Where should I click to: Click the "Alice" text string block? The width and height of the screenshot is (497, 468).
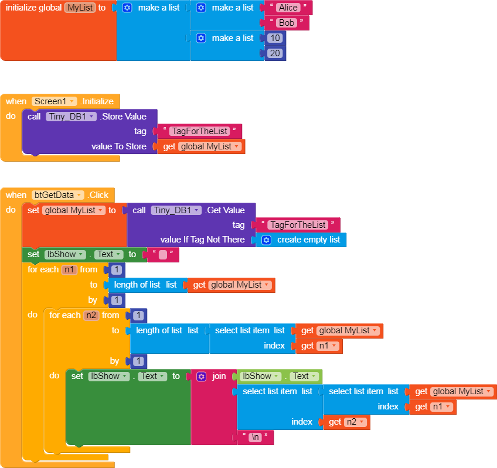coord(287,8)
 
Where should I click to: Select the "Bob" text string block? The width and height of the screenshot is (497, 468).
coord(287,23)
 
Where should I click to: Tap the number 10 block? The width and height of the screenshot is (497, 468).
coord(274,39)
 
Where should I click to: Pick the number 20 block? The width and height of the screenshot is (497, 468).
coord(274,53)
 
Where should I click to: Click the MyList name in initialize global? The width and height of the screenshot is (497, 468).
coord(80,8)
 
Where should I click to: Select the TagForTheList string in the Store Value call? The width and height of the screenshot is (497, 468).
coord(199,131)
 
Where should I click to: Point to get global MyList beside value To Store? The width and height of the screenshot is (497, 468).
coord(202,146)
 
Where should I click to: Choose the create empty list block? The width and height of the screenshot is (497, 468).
coord(302,240)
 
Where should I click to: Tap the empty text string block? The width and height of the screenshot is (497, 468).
coord(162,255)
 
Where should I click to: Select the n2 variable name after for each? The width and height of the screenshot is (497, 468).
coord(91,315)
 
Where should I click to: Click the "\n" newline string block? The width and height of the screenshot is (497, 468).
coord(255,437)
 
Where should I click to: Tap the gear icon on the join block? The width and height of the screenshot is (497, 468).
coord(202,376)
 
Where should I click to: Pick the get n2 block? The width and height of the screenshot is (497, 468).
coord(346,422)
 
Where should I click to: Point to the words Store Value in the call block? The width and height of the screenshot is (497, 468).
coord(123,117)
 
